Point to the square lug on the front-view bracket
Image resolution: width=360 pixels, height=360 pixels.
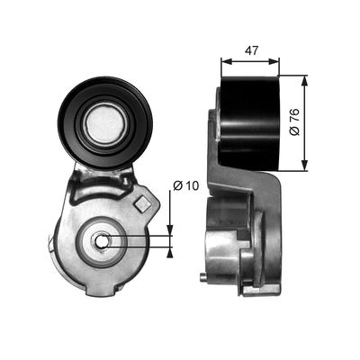point(140,205)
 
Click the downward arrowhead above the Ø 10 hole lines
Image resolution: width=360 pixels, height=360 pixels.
point(170,229)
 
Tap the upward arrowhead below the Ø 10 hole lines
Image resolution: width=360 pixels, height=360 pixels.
point(170,250)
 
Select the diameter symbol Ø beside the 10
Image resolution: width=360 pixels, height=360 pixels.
point(176,186)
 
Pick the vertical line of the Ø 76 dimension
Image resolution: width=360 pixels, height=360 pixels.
point(306,126)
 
